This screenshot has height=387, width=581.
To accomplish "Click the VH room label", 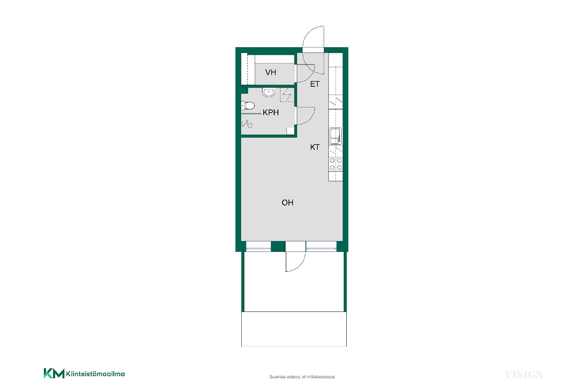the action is (x=271, y=72).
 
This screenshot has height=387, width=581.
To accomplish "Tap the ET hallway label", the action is (x=315, y=84).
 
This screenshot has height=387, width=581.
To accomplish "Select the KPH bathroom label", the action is (x=271, y=112).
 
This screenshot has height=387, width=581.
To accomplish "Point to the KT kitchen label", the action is (x=315, y=147).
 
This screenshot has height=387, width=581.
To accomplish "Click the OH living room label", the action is (x=287, y=203).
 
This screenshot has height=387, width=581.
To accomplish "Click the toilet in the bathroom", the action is (x=248, y=106).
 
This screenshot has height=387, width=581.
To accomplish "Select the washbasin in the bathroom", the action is (x=269, y=92).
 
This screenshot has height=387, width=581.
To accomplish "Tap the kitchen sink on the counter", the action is (x=336, y=136).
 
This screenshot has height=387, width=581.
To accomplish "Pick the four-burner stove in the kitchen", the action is (x=336, y=164).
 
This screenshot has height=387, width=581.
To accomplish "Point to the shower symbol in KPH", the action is (x=247, y=123).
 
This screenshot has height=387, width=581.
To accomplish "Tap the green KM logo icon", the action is (x=54, y=373).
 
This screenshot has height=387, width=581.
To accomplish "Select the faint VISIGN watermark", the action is (x=524, y=375).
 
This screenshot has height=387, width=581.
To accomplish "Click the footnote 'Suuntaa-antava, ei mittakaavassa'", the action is (x=302, y=377).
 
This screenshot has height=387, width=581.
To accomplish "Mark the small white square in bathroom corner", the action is (x=290, y=131).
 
